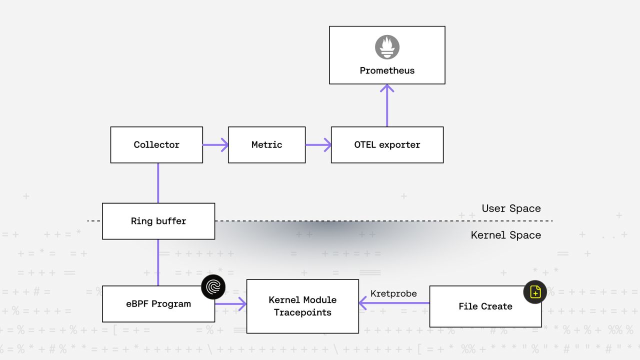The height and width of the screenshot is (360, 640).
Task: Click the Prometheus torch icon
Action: [387, 47]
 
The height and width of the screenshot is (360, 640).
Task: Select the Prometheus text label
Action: [387, 70]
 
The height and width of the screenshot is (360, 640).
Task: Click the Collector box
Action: [156, 145]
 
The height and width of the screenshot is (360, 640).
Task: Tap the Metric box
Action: [266, 145]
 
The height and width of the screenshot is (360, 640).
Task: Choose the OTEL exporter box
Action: [387, 145]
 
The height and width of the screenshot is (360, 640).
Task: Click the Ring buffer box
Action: [158, 221]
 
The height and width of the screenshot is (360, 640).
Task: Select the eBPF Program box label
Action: [158, 304]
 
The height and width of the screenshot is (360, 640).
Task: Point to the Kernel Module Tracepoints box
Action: [302, 306]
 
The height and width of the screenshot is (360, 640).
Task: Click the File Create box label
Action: [485, 306]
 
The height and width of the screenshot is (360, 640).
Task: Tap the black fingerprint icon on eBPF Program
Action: [213, 287]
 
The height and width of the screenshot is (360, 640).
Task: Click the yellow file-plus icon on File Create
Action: [535, 292]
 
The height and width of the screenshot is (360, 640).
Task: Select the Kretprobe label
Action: [393, 293]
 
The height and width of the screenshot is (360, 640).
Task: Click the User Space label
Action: [511, 208]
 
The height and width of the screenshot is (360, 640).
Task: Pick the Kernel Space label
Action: [505, 235]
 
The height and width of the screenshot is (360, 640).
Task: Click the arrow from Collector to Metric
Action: [215, 145]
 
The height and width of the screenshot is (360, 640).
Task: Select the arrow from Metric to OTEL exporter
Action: [318, 145]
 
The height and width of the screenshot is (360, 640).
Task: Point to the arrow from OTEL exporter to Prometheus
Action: [387, 105]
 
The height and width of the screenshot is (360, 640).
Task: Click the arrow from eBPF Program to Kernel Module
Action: [230, 303]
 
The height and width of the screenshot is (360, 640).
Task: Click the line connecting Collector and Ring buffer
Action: [158, 183]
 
